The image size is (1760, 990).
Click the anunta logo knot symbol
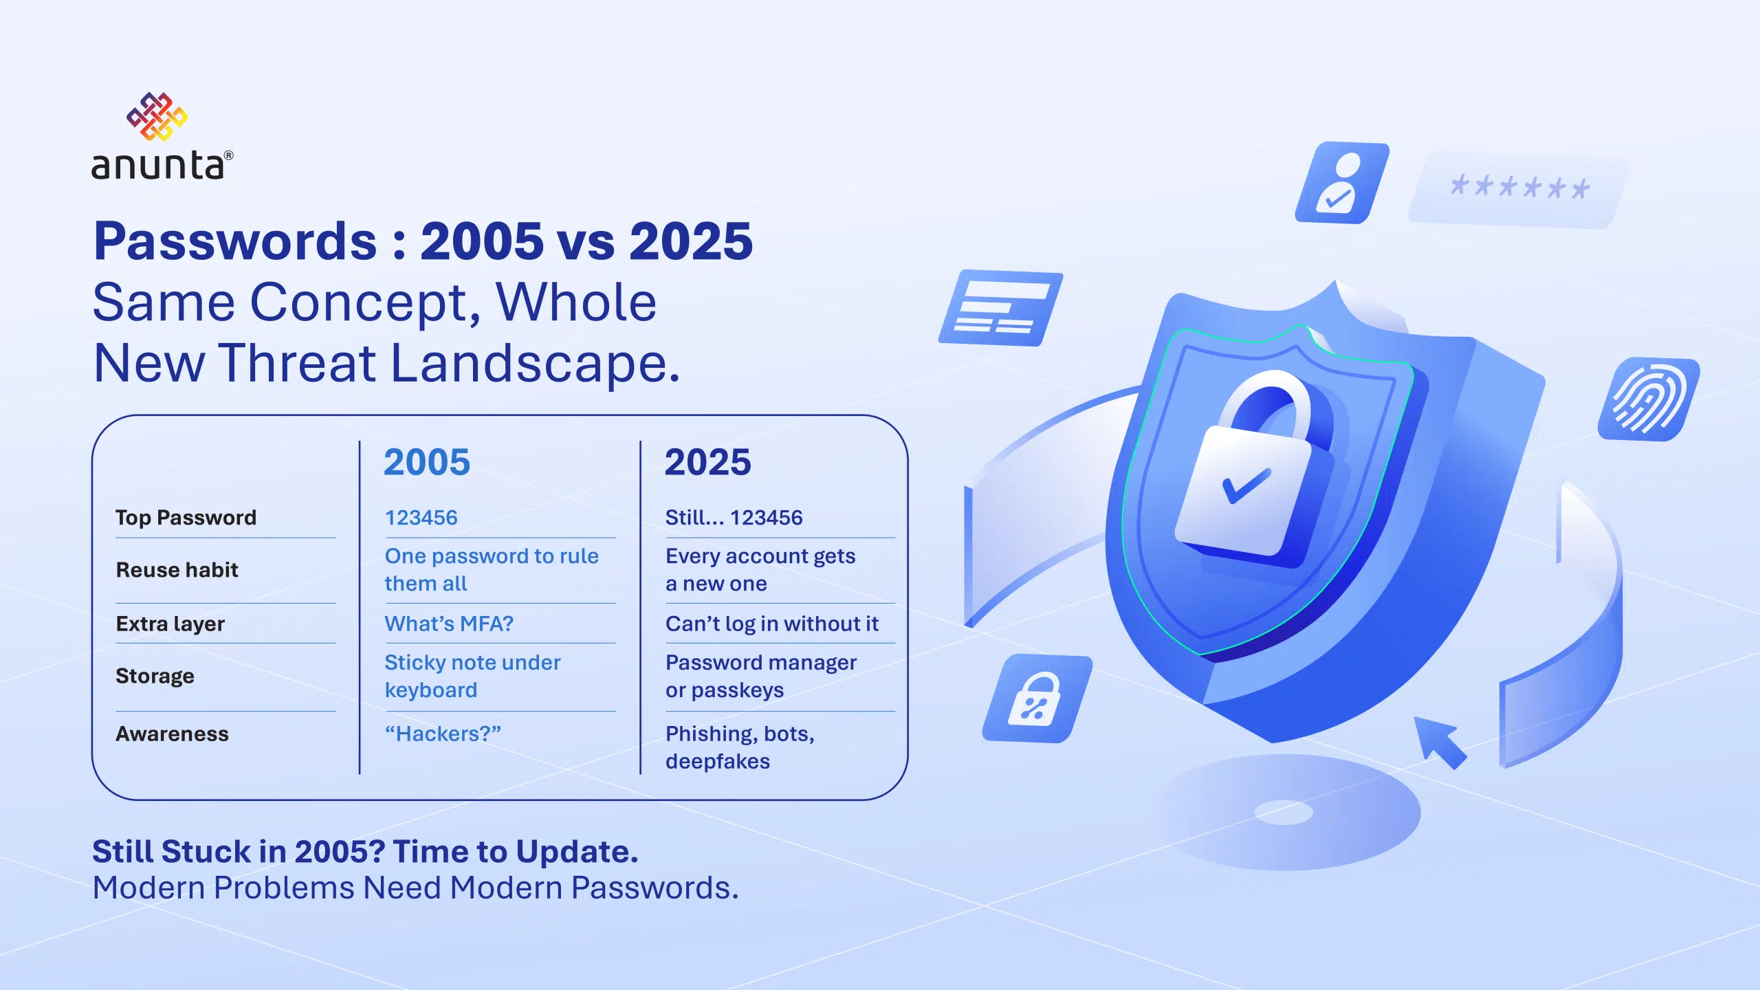point(157,117)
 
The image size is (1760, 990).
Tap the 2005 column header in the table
point(427,462)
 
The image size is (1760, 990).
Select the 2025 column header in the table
point(708,462)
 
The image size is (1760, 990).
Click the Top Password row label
point(186,518)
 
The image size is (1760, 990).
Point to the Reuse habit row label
point(177,570)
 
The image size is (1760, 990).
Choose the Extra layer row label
point(170,624)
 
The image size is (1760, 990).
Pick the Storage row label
point(155,676)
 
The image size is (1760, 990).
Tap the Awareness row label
point(172,734)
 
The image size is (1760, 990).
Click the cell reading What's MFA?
point(449,624)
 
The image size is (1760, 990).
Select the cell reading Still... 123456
point(734,518)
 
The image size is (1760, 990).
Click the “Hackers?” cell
point(443,734)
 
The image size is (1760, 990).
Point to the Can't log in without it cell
point(771,624)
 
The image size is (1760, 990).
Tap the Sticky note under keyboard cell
point(472,676)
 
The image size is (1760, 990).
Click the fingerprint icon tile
point(1649,399)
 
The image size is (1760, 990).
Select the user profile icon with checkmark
point(1341,183)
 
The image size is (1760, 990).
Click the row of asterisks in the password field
point(1520,187)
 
